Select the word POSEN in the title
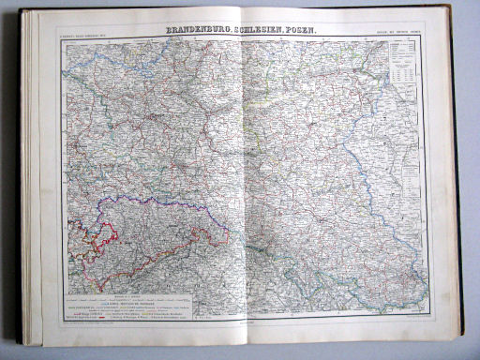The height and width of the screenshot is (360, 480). pos(304,30)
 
